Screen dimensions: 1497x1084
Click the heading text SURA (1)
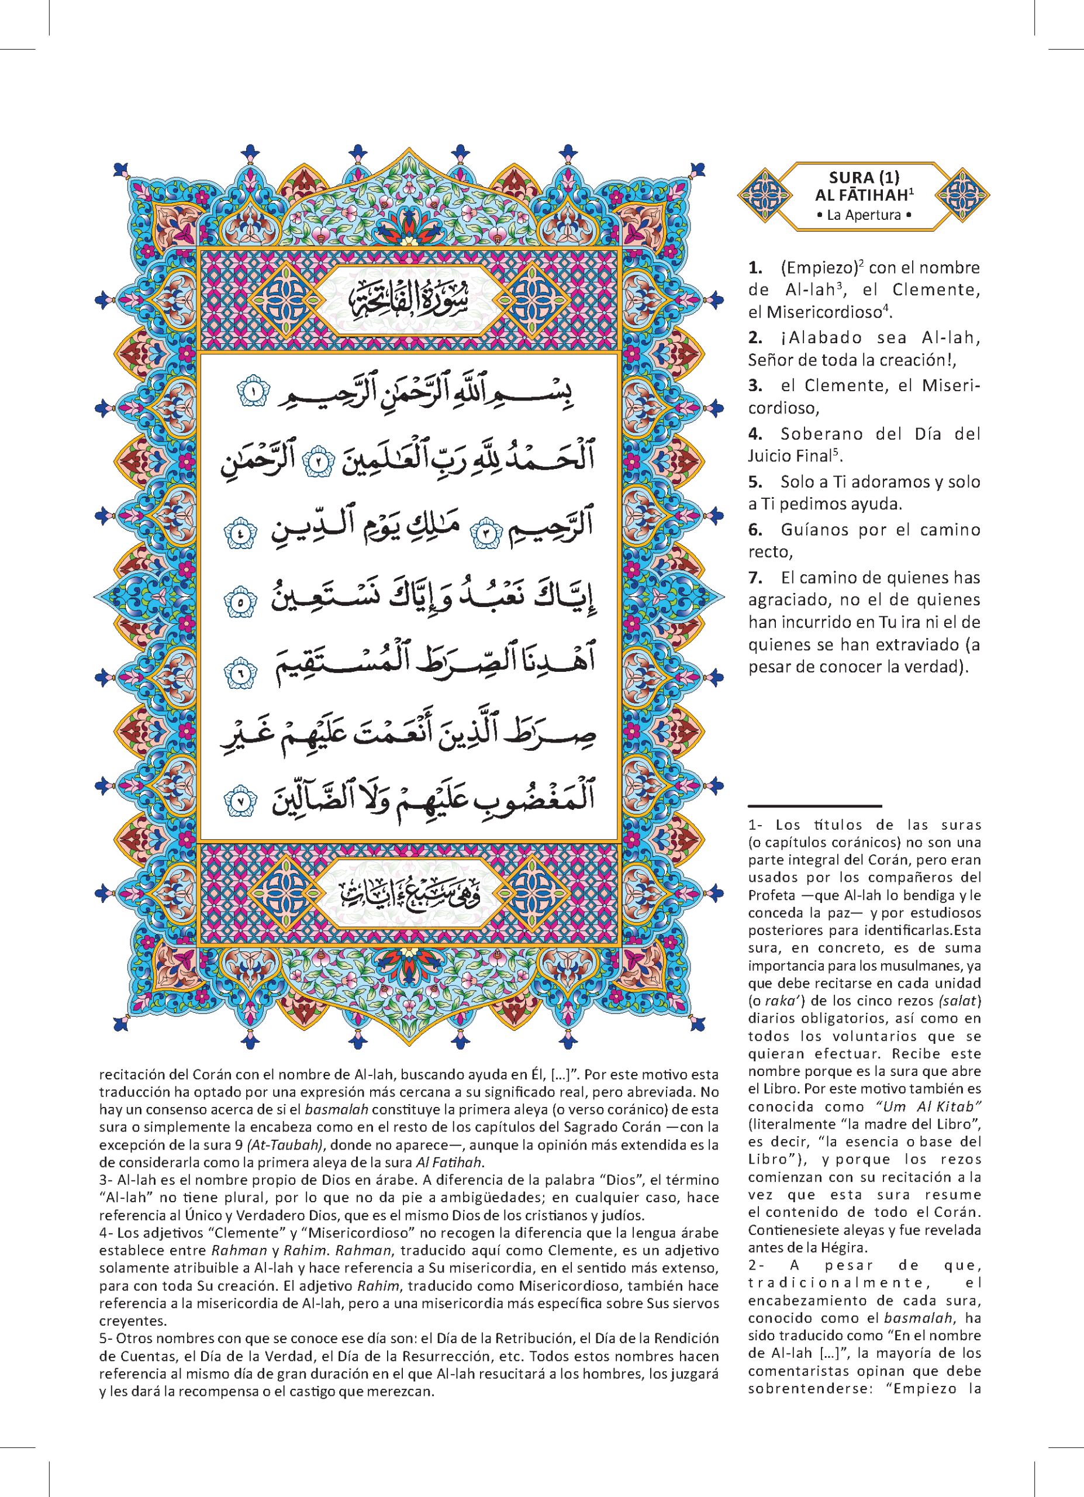[x=864, y=177]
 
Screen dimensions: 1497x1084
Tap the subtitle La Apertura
[x=864, y=215]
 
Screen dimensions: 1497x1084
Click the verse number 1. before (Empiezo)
[x=755, y=268]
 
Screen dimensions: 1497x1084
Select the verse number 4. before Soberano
[x=755, y=434]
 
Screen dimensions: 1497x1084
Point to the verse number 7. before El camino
[x=755, y=578]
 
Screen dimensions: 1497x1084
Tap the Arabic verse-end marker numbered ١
[x=253, y=391]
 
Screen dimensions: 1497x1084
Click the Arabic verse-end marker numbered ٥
[x=240, y=602]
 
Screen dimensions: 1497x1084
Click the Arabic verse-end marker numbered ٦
[x=241, y=672]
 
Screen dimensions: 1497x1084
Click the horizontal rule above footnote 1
[x=815, y=806]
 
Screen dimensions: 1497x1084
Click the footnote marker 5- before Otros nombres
[x=106, y=1339]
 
